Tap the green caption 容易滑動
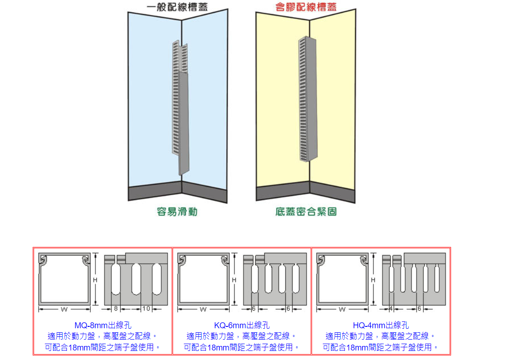coord(177,212)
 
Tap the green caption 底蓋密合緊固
coord(306,212)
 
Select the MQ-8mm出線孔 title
coord(102,325)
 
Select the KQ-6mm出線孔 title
coord(242,325)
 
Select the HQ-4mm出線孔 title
coord(381,325)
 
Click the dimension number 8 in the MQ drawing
coord(116,309)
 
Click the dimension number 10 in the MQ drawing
coord(146,309)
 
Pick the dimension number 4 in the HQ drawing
coord(391,309)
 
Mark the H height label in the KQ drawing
coord(234,281)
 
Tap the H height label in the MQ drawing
coord(95,281)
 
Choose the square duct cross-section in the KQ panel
coord(203,279)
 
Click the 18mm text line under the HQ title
coord(381,347)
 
